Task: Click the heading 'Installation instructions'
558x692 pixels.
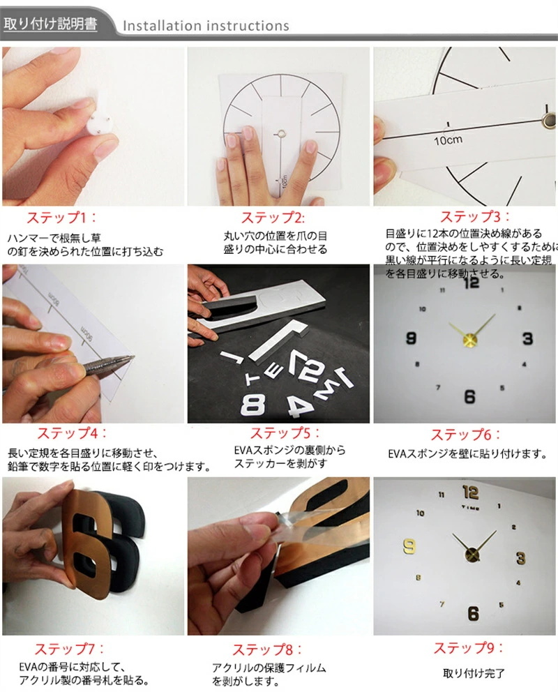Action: coord(206,26)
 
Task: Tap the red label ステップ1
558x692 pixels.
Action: coord(63,217)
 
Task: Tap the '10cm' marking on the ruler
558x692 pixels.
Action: coord(446,139)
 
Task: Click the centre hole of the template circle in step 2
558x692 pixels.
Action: coord(279,130)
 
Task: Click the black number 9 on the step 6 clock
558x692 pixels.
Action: coord(411,339)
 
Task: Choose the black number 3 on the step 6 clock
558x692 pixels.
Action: coord(527,339)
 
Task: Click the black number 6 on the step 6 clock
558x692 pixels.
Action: coord(469,397)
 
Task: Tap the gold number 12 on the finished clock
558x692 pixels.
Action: coord(470,491)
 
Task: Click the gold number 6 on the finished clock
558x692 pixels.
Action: coord(473,614)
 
